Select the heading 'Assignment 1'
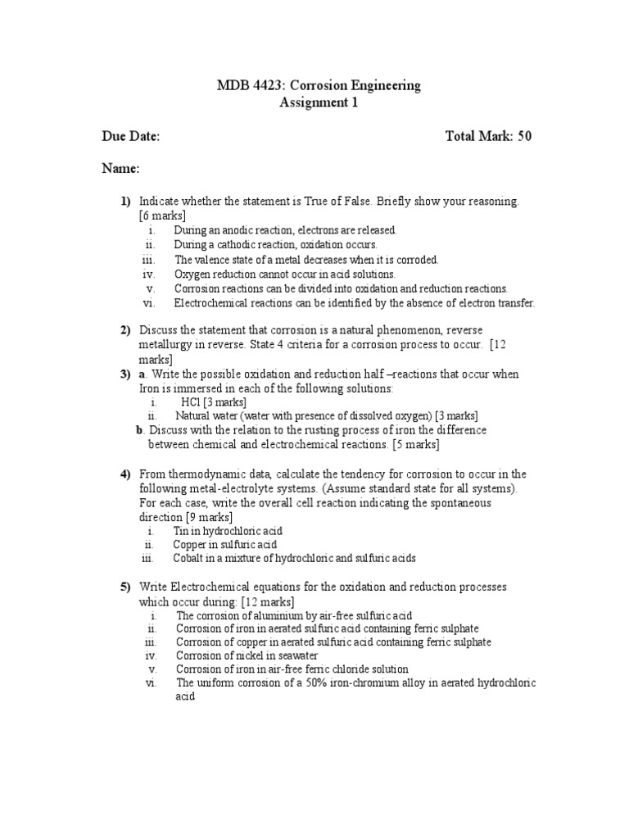[x=319, y=103]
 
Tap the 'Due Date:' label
[x=130, y=136]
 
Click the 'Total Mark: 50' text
[x=488, y=136]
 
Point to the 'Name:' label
[x=120, y=168]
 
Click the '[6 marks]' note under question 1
[x=162, y=215]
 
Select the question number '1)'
[x=125, y=202]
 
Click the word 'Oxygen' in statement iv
[x=191, y=274]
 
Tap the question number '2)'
[x=125, y=330]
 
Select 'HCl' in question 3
[x=191, y=403]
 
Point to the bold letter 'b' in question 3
[x=140, y=430]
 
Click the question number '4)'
[x=125, y=474]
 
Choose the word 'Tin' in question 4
[x=181, y=531]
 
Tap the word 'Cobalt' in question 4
[x=189, y=559]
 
